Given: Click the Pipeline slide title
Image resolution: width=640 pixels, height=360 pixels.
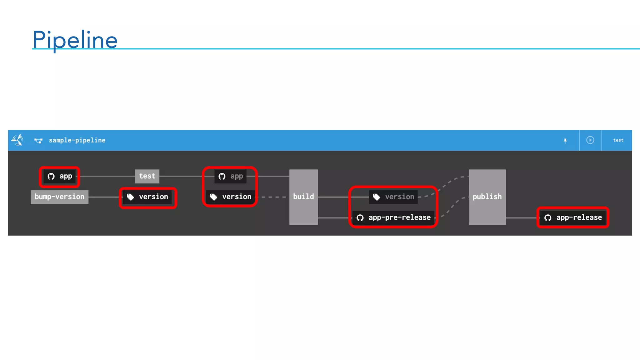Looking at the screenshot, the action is click(x=75, y=40).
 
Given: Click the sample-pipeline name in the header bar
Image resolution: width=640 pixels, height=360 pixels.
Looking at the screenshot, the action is click(x=77, y=140).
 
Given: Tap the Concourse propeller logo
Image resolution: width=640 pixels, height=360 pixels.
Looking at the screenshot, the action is click(x=17, y=140).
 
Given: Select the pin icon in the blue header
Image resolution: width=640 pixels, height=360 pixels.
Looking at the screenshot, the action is click(x=565, y=141).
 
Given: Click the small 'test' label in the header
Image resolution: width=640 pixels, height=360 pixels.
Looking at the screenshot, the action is click(x=618, y=140).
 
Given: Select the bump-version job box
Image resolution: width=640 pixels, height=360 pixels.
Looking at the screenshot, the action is click(x=59, y=197).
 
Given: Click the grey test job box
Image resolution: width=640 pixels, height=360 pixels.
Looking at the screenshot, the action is click(x=147, y=176).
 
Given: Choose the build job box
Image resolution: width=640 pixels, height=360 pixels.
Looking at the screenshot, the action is click(x=303, y=197).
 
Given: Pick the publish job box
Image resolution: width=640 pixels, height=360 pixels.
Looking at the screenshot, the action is click(x=487, y=197).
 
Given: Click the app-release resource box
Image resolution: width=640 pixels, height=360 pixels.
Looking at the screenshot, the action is click(x=573, y=217).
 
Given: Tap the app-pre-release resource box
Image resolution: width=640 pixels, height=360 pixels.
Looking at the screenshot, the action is click(x=393, y=217).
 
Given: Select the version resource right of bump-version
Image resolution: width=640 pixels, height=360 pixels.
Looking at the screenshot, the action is click(x=147, y=197).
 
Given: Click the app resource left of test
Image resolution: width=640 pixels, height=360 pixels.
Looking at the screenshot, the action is click(x=59, y=177).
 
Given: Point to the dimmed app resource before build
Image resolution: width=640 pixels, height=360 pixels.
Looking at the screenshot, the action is click(x=230, y=177).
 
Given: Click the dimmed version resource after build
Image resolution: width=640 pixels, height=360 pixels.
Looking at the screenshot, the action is click(x=393, y=197).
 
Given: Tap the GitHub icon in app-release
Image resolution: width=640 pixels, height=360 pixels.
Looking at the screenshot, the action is click(x=548, y=218).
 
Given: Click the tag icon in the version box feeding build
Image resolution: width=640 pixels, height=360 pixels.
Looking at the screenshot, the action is click(x=214, y=197).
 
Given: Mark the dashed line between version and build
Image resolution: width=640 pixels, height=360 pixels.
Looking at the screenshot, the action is click(x=273, y=197).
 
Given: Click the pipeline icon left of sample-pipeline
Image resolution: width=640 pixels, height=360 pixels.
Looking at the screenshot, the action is click(x=38, y=141).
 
